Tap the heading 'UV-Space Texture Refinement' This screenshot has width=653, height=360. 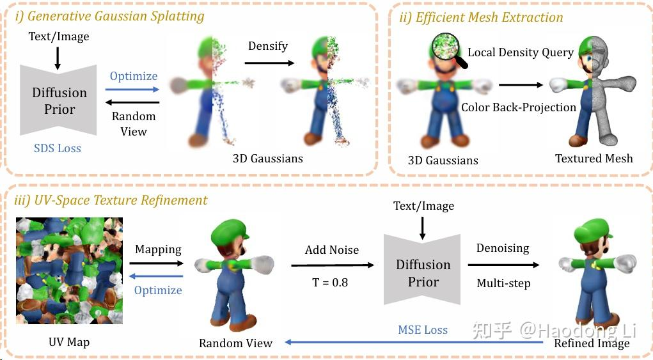click(x=111, y=200)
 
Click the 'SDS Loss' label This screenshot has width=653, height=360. click(x=58, y=148)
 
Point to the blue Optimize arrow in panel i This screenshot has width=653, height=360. click(x=132, y=90)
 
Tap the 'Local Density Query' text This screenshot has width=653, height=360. click(x=521, y=52)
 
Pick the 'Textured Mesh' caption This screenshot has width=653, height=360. click(x=594, y=158)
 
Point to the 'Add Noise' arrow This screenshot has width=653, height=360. click(x=332, y=265)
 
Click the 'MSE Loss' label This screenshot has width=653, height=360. click(x=423, y=330)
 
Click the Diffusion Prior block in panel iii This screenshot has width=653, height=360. click(x=423, y=272)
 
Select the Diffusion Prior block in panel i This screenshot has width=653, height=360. click(x=59, y=100)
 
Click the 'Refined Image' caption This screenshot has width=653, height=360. click(x=592, y=343)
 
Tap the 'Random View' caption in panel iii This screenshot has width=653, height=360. click(x=235, y=343)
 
